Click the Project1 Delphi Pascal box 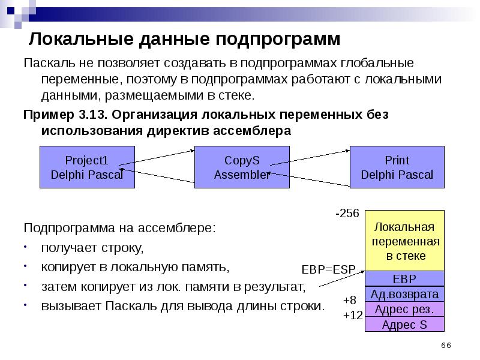[x=87, y=167]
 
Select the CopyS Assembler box [x=242, y=167]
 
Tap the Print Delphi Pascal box [x=397, y=167]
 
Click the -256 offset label [x=347, y=214]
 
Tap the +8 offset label [x=350, y=300]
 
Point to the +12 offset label [x=353, y=314]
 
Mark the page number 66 [x=445, y=346]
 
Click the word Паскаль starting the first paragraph [x=47, y=64]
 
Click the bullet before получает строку [x=26, y=248]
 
